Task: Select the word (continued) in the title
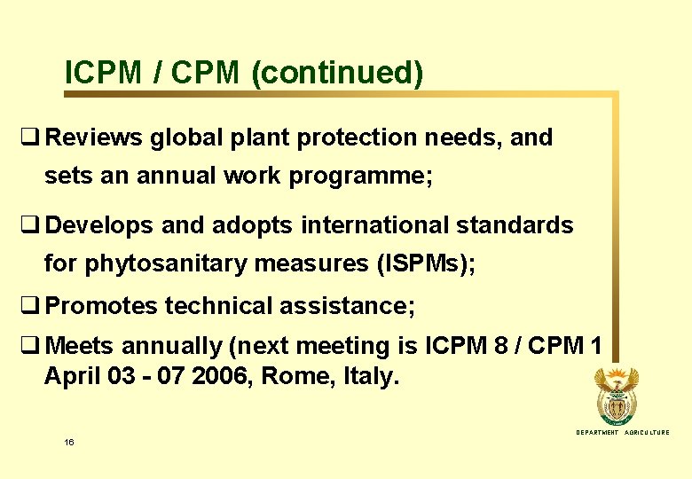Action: point(337,73)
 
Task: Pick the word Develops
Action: point(100,225)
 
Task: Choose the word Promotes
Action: point(101,306)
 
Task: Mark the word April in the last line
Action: point(73,376)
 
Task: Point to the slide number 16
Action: point(69,441)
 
